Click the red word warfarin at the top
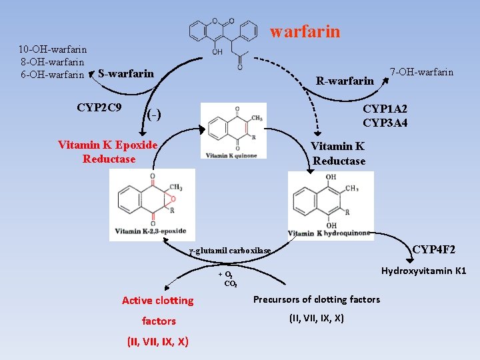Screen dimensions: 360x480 coord(305,31)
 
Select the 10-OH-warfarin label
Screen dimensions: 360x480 coord(53,49)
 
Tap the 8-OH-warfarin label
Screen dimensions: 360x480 coord(53,61)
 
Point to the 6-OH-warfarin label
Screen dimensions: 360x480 coord(52,74)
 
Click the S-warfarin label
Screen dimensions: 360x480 coord(125,73)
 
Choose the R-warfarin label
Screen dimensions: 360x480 coord(345,81)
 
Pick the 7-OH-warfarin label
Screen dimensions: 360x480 coord(421,72)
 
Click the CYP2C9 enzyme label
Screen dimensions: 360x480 coord(99,107)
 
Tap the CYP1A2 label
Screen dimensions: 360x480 coord(385,109)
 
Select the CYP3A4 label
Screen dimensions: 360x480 coord(385,123)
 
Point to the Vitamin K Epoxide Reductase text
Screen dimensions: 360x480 coord(108,152)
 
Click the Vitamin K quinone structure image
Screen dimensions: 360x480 coord(233,131)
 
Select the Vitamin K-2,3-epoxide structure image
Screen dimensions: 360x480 coord(152,204)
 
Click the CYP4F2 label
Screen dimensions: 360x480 coord(434,249)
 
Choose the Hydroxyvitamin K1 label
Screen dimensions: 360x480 coord(423,271)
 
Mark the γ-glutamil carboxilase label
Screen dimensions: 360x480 coord(230,251)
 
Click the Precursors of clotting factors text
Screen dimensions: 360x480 coord(317,299)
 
